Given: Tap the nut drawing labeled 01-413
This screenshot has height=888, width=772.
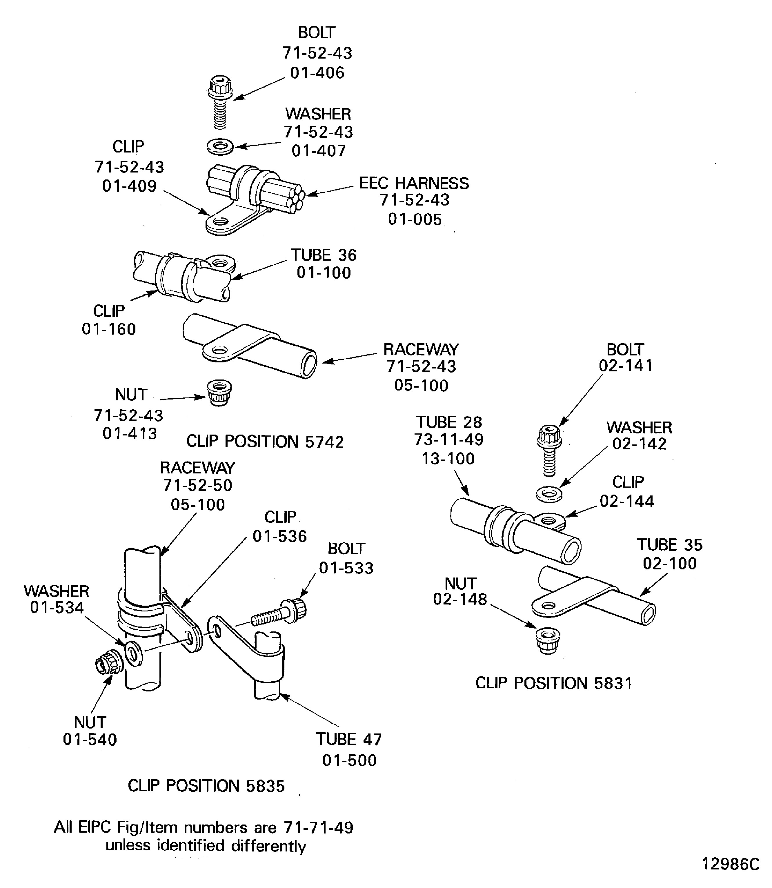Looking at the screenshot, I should tap(219, 393).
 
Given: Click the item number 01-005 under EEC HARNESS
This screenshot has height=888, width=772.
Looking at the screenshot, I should tap(415, 219).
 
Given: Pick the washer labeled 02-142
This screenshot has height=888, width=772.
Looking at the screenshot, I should tap(549, 493).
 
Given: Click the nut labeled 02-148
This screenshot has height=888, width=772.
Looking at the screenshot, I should tap(548, 640).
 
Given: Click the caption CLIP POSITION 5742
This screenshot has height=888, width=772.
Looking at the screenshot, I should tap(265, 442).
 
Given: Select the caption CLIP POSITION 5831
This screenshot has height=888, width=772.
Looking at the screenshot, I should tap(554, 683).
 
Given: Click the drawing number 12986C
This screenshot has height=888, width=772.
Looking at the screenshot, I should tap(731, 864).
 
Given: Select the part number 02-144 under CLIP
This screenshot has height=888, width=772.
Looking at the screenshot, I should tap(626, 501).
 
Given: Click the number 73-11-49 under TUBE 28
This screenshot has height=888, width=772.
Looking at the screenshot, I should tap(448, 440).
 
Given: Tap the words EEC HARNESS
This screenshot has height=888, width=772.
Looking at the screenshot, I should tap(414, 183).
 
